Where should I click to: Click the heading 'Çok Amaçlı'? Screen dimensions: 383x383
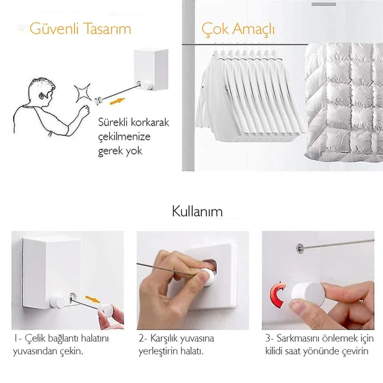coord(239,29)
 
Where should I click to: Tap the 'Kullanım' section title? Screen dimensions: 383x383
coord(197,212)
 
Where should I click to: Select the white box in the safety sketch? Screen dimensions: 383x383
coord(151,70)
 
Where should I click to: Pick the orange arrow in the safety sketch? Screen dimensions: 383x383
coord(115,101)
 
